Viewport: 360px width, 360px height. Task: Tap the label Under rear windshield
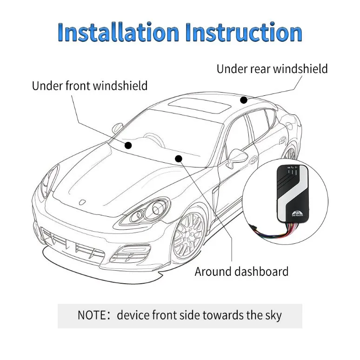coord(272,69)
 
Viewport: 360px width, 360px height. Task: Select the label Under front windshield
coord(90,86)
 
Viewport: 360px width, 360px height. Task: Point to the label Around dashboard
coord(241,271)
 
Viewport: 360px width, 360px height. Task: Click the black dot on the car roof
coord(244,100)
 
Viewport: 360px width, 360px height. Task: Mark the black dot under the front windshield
coord(128,145)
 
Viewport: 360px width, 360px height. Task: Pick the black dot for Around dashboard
coord(179,159)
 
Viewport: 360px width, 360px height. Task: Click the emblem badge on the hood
coord(82,202)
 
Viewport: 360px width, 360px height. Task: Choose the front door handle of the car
coord(255,158)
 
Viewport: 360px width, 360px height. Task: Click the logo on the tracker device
coord(298,214)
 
